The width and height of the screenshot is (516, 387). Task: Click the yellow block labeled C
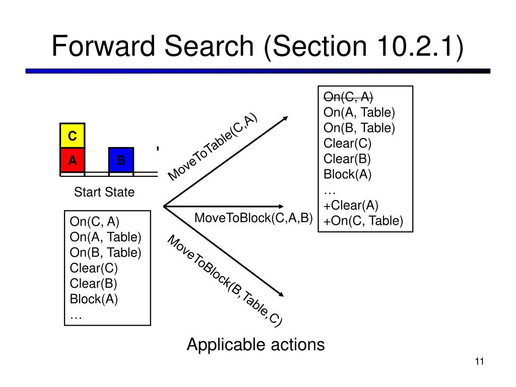(x=73, y=135)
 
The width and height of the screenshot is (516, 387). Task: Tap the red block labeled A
(x=73, y=160)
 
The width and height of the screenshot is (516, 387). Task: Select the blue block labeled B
(x=121, y=160)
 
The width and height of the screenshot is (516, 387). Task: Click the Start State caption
(x=104, y=192)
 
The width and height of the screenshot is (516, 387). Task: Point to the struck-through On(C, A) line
(x=348, y=97)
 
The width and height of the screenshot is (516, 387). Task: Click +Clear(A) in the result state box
(x=351, y=206)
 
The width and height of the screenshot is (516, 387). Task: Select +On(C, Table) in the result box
(x=363, y=221)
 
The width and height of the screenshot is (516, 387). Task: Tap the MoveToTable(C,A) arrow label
(x=212, y=147)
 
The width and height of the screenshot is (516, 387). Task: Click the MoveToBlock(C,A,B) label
(x=253, y=218)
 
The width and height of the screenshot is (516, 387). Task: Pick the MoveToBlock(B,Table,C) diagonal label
(x=225, y=281)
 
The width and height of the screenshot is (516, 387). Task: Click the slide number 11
(x=480, y=361)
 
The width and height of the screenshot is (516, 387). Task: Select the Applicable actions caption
(x=255, y=345)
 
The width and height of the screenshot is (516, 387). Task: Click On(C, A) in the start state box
(x=94, y=222)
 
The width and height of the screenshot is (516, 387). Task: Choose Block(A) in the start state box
(x=94, y=299)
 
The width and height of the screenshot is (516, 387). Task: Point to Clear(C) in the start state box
(x=94, y=268)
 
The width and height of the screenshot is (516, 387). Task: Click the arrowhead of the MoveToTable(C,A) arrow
(x=286, y=117)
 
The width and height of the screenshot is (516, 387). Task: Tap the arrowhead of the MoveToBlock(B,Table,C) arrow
(x=281, y=294)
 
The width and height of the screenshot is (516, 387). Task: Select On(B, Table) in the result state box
(x=359, y=127)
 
